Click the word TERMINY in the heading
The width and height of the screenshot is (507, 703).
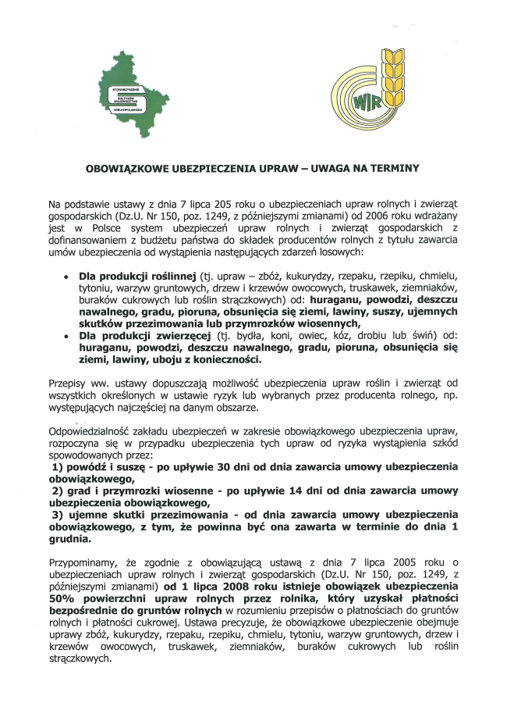click(x=394, y=167)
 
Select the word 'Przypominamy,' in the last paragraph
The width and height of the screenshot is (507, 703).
click(x=83, y=562)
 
